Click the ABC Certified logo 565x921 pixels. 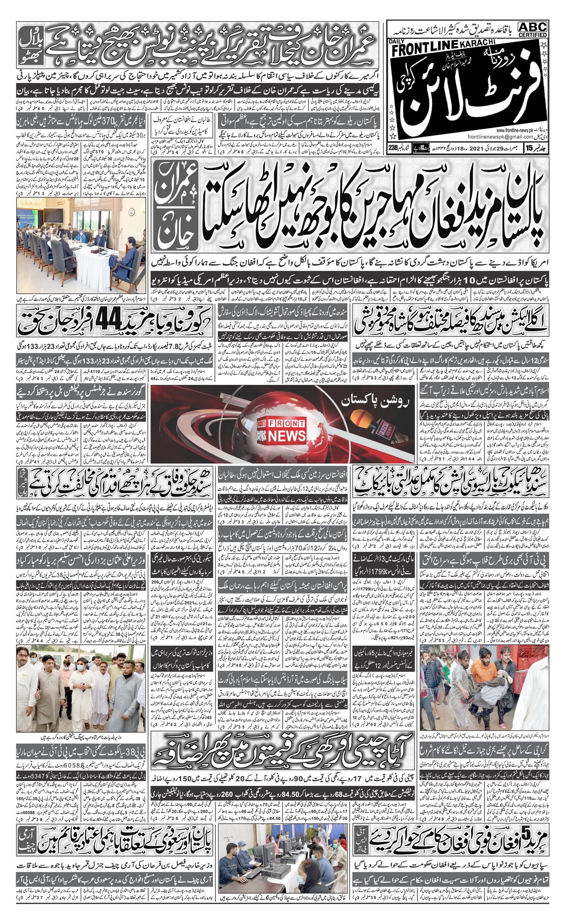pos(532,29)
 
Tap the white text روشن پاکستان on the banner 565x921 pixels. pos(375,402)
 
